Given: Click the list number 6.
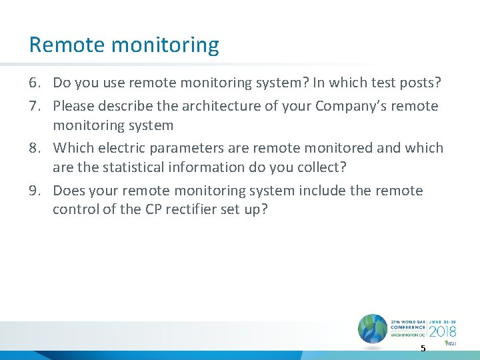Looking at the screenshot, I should click(35, 83).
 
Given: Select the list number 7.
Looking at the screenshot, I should click(35, 105).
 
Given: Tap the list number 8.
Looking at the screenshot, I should click(35, 147).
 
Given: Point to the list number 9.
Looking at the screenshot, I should click(35, 190).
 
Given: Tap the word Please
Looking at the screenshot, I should click(74, 105).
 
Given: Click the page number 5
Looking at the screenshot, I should click(422, 349).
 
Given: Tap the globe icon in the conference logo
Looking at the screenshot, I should click(372, 329).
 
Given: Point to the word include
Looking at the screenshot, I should click(323, 190).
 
